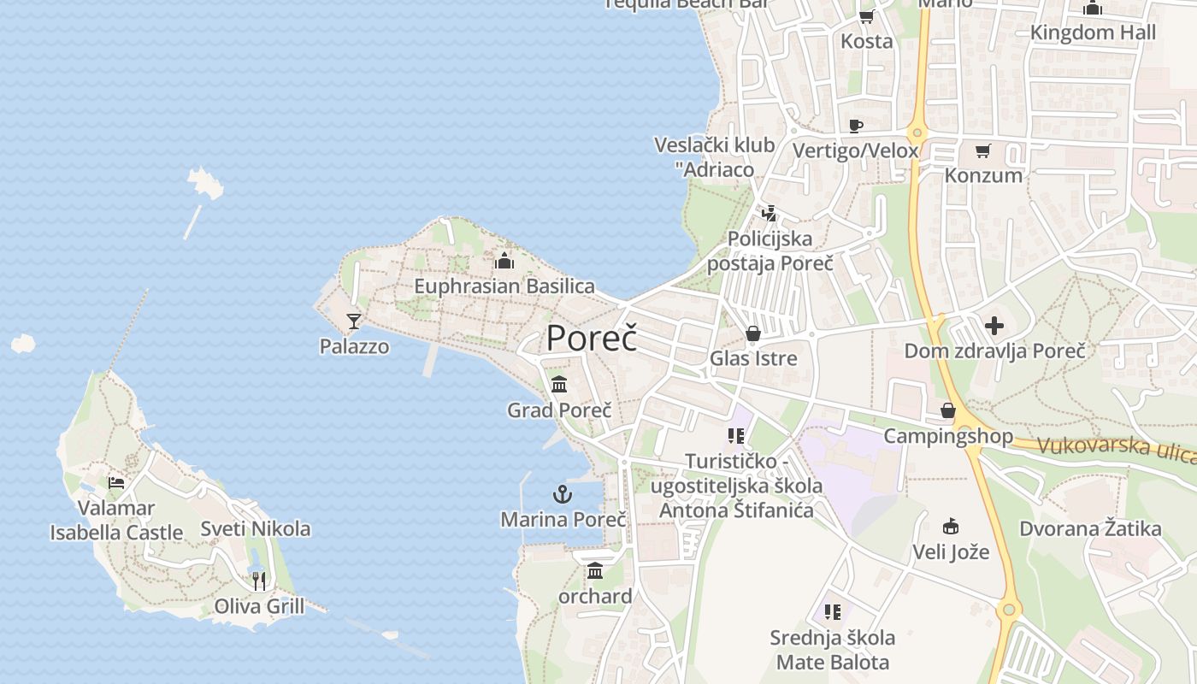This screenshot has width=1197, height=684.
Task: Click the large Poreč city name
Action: tap(592, 338)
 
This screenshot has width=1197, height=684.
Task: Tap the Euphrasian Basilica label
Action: tap(504, 286)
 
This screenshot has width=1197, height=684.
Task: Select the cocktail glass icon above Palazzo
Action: tap(354, 321)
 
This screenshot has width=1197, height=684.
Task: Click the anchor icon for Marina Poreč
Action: tap(563, 493)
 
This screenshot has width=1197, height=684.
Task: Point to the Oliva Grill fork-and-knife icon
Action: tap(259, 581)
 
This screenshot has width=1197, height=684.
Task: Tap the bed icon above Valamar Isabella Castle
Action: tap(116, 482)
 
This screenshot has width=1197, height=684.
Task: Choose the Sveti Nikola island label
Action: tap(255, 528)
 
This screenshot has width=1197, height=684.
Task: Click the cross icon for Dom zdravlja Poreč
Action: tap(994, 326)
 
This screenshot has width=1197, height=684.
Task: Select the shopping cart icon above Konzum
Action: tap(983, 150)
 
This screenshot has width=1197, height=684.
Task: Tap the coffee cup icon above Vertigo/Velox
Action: tap(855, 127)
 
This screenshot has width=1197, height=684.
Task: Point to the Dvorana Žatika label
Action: tap(1090, 528)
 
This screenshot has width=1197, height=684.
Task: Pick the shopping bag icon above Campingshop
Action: tap(948, 411)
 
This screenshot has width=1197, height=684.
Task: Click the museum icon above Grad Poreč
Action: tap(559, 384)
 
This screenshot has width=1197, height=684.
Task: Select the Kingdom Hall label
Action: tap(1093, 32)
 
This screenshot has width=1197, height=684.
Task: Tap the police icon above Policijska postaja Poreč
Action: tap(769, 213)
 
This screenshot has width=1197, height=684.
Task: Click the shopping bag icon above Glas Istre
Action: tap(753, 333)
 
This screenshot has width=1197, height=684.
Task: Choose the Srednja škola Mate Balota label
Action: tap(832, 650)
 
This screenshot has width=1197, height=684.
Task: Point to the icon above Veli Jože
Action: tap(951, 526)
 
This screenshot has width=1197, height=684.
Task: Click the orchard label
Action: tap(595, 596)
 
